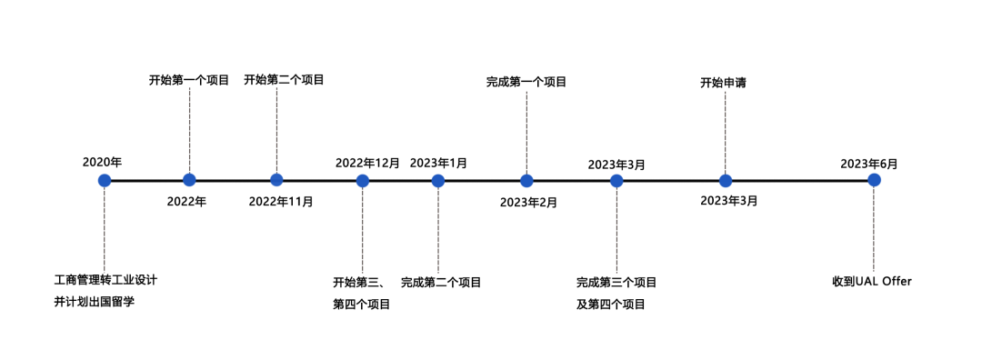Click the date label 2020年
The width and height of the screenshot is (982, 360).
(x=102, y=162)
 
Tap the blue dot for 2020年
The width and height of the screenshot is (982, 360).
(x=105, y=180)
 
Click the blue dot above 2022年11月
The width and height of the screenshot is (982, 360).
(x=276, y=180)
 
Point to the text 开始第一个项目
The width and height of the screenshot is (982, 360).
(x=189, y=80)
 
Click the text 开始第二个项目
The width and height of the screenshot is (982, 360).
(x=284, y=80)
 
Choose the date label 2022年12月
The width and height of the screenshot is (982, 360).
(x=367, y=163)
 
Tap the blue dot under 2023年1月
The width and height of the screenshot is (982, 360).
(x=438, y=180)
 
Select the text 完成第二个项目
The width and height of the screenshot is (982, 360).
(x=441, y=283)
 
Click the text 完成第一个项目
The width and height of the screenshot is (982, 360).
(x=526, y=82)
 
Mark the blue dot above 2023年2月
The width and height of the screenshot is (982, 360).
(x=526, y=180)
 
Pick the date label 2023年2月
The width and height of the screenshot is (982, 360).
(x=528, y=202)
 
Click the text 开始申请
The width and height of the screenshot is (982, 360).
(x=724, y=83)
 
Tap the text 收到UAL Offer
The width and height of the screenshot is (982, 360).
(x=871, y=282)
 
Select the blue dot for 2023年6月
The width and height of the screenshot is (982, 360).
(x=874, y=180)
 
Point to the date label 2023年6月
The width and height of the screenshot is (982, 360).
(x=868, y=164)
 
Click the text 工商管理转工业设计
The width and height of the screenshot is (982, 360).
(x=105, y=280)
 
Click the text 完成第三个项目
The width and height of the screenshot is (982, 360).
(x=616, y=283)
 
